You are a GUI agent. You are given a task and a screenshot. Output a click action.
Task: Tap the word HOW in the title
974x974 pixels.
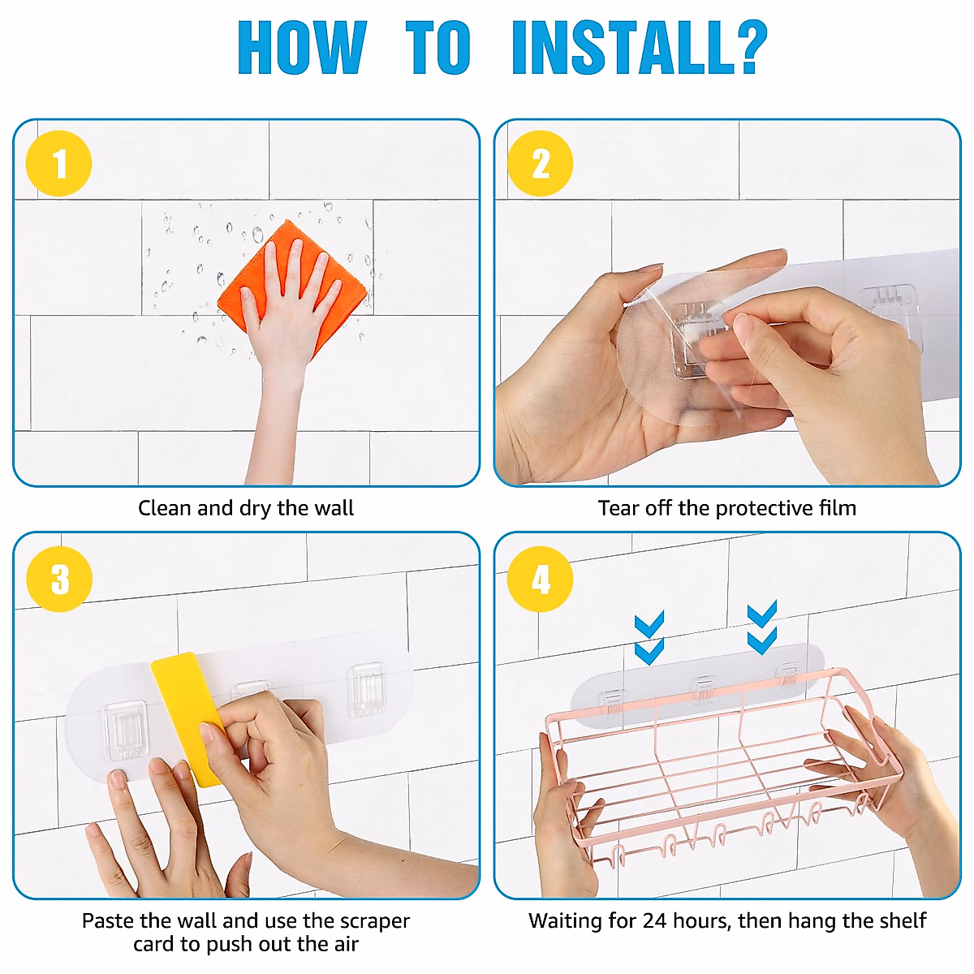click(302, 48)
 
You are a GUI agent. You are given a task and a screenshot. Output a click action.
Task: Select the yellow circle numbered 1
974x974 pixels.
click(59, 163)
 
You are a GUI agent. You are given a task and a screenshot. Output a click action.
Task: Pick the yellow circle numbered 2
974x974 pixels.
click(541, 163)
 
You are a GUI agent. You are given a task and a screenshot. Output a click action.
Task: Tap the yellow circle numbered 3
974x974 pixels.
click(59, 579)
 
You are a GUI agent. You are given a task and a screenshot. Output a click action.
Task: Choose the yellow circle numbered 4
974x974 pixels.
click(541, 579)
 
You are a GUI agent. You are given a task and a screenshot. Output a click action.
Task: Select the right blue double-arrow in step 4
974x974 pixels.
click(761, 627)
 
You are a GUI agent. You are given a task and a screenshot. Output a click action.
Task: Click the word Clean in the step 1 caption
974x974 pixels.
click(166, 508)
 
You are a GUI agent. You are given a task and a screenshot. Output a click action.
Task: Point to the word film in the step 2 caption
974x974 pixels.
click(838, 508)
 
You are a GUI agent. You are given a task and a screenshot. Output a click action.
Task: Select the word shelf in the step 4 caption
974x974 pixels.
click(903, 920)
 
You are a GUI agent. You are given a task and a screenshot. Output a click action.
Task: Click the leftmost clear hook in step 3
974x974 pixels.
click(124, 730)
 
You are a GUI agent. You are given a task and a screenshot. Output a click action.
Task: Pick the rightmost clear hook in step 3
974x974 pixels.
click(366, 689)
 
